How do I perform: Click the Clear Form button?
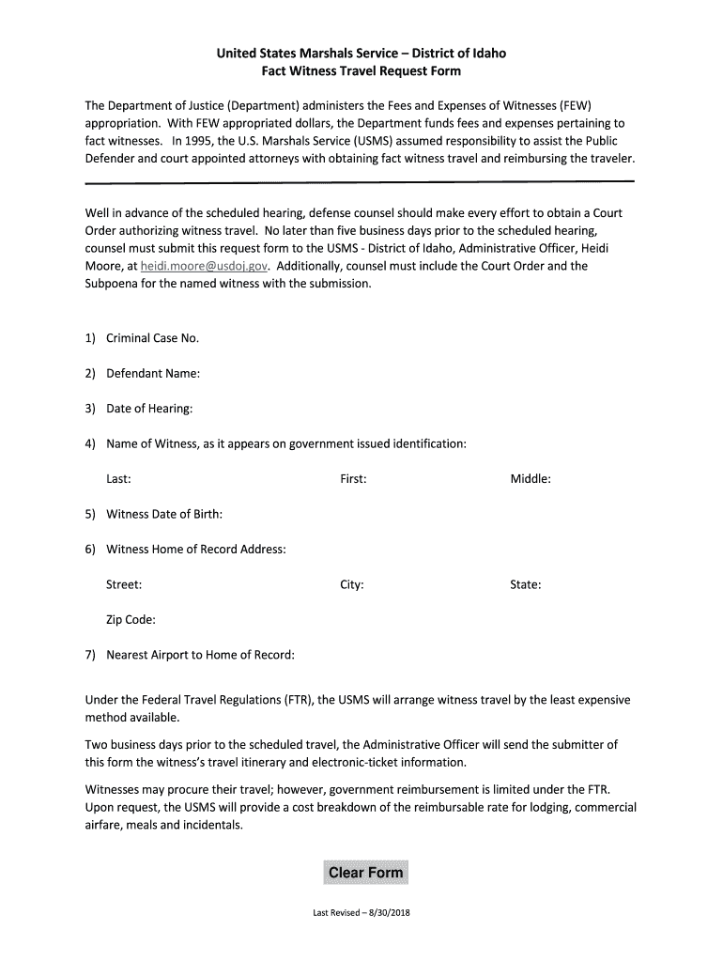coord(365,873)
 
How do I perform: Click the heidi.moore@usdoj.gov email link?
coord(204,266)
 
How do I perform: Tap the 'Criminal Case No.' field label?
coord(152,338)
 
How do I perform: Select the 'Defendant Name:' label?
coord(153,374)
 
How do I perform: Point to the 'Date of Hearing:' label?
coord(149,409)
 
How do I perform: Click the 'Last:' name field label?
coord(118,479)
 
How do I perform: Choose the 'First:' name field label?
coord(353,479)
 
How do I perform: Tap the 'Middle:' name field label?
coord(531,479)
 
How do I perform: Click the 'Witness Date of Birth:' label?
coord(164,514)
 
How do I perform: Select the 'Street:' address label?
coord(124,584)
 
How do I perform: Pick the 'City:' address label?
coord(352,584)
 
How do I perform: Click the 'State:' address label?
coord(526,584)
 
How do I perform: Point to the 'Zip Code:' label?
coord(131,620)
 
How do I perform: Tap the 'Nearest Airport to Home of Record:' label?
coord(200,655)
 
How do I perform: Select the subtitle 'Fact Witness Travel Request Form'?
coord(361,71)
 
